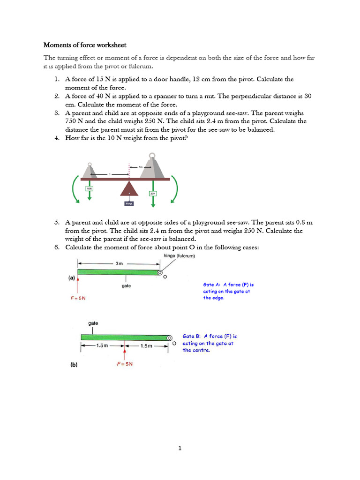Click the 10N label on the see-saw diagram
point(89,188)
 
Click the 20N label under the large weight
point(153,193)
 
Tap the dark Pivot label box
point(129,203)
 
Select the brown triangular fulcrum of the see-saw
point(129,189)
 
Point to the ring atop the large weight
point(152,157)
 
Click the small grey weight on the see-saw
point(90,170)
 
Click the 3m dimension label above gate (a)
point(120,263)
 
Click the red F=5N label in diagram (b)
point(125,364)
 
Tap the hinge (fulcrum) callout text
point(180,256)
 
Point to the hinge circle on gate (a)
point(160,272)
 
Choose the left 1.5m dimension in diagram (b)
point(102,346)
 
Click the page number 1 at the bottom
point(180,448)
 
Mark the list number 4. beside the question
point(56,138)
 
